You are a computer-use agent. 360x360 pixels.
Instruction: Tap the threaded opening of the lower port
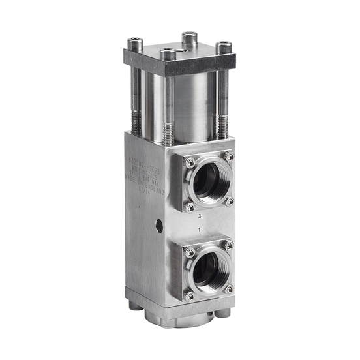pos(209,269)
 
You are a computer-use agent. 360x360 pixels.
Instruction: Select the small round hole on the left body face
pos(160,226)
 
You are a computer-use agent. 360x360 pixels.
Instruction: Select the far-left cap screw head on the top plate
pos(136,45)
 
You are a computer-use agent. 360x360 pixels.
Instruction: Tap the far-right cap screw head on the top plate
pos(222,48)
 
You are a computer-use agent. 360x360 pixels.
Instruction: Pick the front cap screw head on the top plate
pos(169,54)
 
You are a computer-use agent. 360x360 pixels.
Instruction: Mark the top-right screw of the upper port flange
pos(229,157)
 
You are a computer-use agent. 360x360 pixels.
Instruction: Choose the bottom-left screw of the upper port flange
pos(189,207)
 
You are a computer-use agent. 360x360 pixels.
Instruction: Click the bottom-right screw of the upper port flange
pos(229,202)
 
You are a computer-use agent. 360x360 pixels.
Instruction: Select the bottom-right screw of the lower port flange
pos(229,288)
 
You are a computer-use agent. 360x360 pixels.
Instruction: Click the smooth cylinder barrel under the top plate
pos(189,104)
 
